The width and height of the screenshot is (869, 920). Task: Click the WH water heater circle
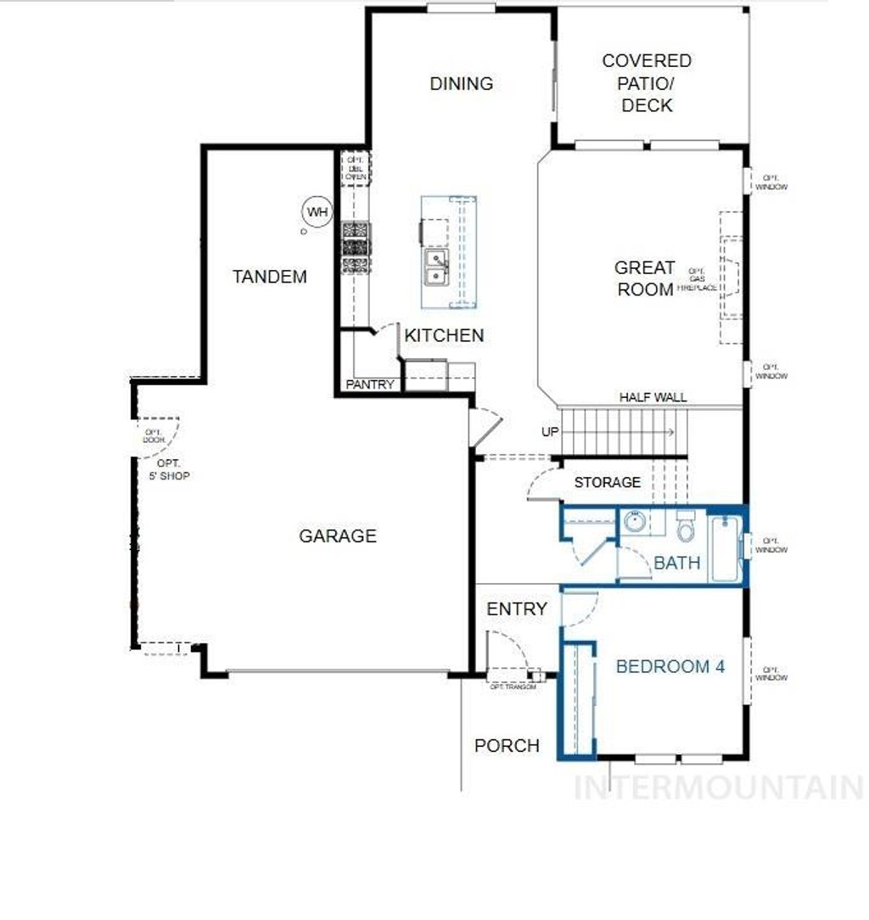pos(317,211)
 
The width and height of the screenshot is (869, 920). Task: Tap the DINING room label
pos(461,83)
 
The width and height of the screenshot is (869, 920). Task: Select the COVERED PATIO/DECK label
pos(647,83)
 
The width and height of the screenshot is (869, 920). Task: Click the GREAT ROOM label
pos(645,278)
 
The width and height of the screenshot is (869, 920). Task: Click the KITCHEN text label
pos(444,335)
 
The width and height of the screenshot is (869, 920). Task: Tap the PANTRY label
pos(370,384)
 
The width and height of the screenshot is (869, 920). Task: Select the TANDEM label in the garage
pos(270,277)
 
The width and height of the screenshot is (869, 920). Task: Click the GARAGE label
pos(337,536)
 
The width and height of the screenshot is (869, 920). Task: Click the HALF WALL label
pos(653,397)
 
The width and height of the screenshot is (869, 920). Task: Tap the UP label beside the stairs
pos(550,432)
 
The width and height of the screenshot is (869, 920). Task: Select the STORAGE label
pos(607,482)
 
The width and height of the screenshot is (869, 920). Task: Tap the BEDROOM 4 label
pos(670,666)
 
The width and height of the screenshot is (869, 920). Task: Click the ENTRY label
pos(516,609)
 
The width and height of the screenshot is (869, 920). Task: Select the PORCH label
pos(507,745)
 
